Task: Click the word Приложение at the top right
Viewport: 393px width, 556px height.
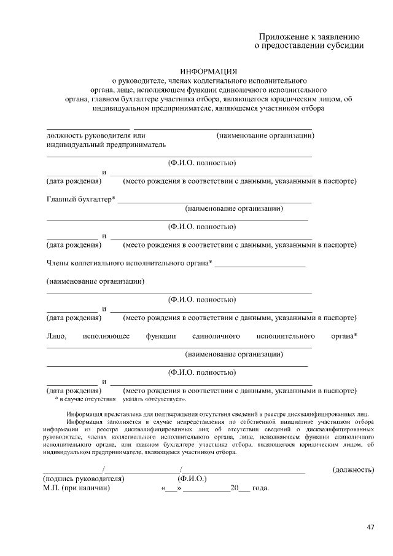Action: (x=285, y=36)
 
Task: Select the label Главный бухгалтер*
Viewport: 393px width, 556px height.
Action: (x=81, y=199)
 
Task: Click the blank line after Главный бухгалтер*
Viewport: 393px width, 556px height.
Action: (x=214, y=202)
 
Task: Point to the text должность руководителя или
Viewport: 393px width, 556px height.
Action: (x=95, y=135)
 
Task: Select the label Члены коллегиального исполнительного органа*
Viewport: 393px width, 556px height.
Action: (x=130, y=264)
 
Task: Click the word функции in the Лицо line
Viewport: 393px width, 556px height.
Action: (x=161, y=336)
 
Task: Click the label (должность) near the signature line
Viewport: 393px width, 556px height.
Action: (x=353, y=470)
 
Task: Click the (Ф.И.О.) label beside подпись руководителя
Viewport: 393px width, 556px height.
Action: (x=192, y=479)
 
